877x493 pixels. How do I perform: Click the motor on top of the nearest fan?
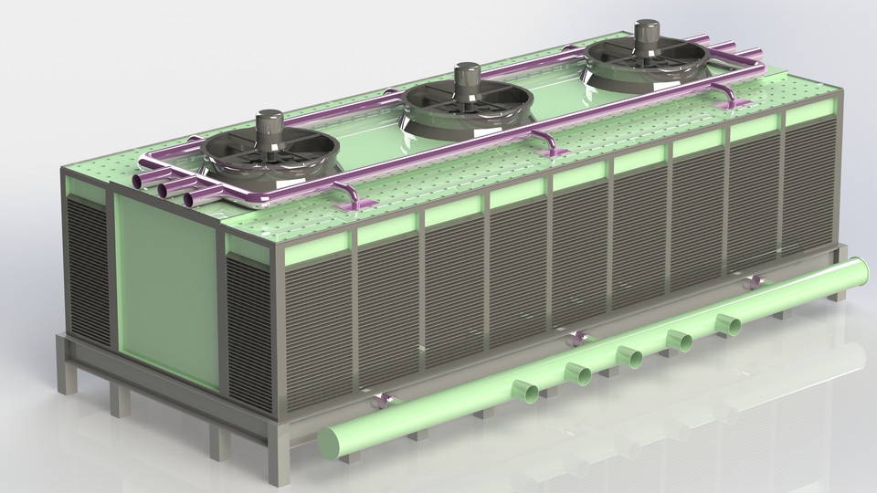coord(269,126)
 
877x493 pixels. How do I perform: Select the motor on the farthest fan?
coord(648,34)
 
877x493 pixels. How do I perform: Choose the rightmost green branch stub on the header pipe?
coord(729,323)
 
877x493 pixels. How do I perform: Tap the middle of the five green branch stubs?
coord(629,355)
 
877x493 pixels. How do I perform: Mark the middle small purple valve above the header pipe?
coord(576,338)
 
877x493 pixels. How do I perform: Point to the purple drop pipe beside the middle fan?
coord(545,142)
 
